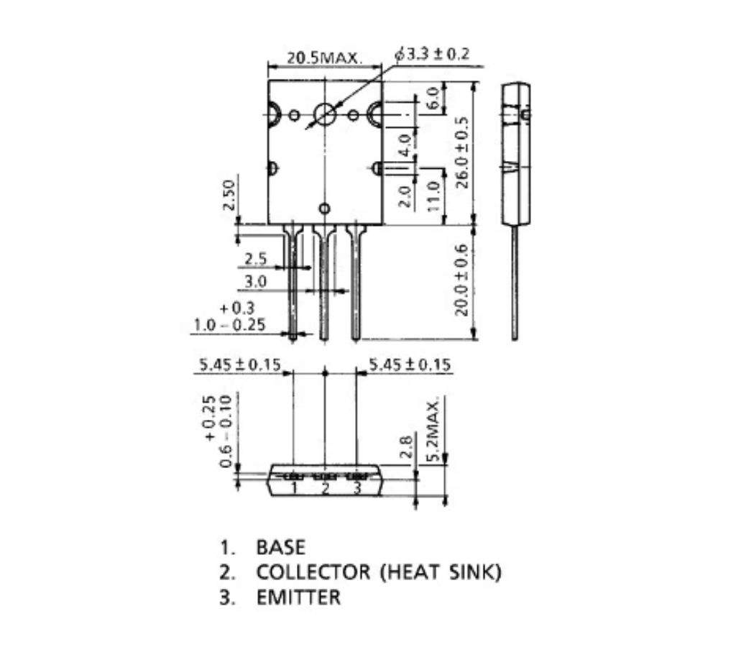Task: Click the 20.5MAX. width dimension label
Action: pos(325,58)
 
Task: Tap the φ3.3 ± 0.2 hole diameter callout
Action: pos(432,54)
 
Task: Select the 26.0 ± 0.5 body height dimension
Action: pos(462,152)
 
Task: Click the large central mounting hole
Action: pos(325,114)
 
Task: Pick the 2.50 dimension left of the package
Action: pos(229,195)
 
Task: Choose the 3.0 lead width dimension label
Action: pos(255,281)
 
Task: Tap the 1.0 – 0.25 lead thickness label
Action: pos(229,324)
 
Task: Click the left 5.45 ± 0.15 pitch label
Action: pos(240,364)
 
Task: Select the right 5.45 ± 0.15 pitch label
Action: pos(410,364)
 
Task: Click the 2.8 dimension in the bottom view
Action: pos(407,446)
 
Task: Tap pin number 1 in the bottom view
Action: pos(294,488)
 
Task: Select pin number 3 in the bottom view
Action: pos(356,488)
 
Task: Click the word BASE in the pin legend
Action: pos(281,548)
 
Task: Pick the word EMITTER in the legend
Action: pos(298,597)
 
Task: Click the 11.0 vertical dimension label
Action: pos(433,196)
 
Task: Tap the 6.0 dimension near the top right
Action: pos(433,97)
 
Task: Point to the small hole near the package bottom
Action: pos(324,208)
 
